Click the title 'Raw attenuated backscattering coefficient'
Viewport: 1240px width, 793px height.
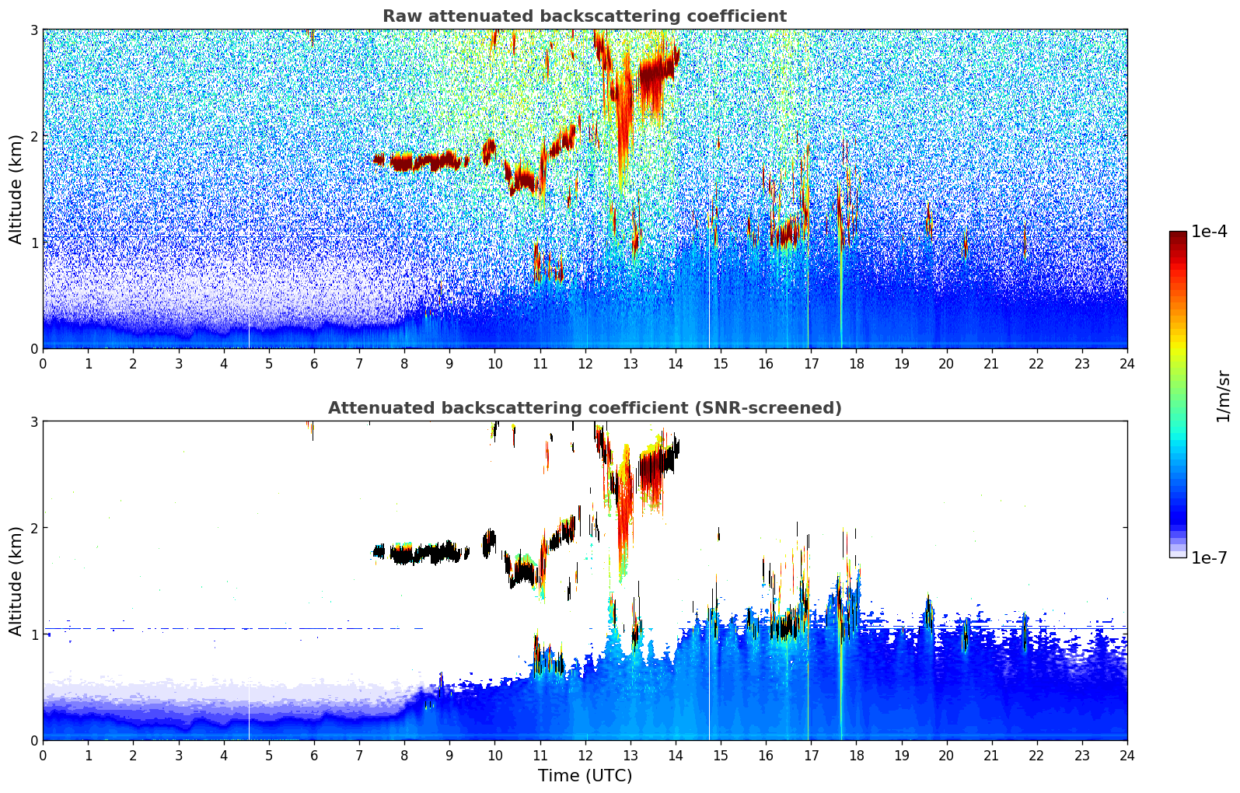click(x=584, y=16)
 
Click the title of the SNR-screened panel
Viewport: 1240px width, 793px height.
click(x=584, y=408)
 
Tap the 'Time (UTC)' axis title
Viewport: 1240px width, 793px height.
click(x=585, y=776)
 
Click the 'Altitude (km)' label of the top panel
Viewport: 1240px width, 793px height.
click(x=16, y=189)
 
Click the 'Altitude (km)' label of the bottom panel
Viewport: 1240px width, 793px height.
click(x=16, y=581)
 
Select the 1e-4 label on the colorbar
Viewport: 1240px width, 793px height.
click(x=1209, y=232)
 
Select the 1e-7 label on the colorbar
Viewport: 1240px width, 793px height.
click(x=1209, y=557)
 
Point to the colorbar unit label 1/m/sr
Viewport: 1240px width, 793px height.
click(x=1223, y=396)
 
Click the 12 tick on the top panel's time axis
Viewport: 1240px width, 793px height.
click(x=585, y=363)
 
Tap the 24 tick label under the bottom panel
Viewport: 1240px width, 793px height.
click(x=1126, y=755)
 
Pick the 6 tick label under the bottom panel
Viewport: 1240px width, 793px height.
click(x=314, y=755)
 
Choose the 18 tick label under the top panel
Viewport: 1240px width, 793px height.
click(x=856, y=363)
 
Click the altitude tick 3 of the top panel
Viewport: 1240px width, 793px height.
click(x=34, y=30)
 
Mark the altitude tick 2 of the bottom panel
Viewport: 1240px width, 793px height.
click(x=34, y=528)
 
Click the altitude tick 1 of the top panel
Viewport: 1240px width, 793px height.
click(x=34, y=243)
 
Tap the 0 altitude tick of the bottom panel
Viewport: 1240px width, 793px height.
click(x=34, y=741)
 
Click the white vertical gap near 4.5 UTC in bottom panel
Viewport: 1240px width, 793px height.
click(x=249, y=711)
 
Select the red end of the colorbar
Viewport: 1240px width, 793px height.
click(x=1177, y=236)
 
